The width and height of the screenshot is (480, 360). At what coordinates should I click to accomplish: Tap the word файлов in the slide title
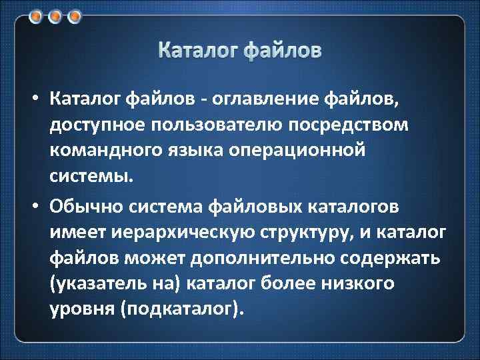point(282,50)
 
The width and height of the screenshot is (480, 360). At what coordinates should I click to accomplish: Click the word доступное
point(95,126)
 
